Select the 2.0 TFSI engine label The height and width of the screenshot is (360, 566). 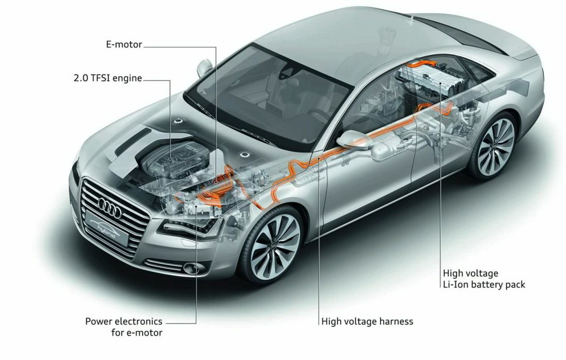(x=107, y=79)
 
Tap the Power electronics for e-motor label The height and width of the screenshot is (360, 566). (x=124, y=327)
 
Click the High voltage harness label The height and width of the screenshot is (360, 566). (x=367, y=322)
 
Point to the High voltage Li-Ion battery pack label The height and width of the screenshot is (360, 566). (x=484, y=279)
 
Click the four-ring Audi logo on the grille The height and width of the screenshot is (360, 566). (x=110, y=207)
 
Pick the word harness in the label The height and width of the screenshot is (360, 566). (x=395, y=322)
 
